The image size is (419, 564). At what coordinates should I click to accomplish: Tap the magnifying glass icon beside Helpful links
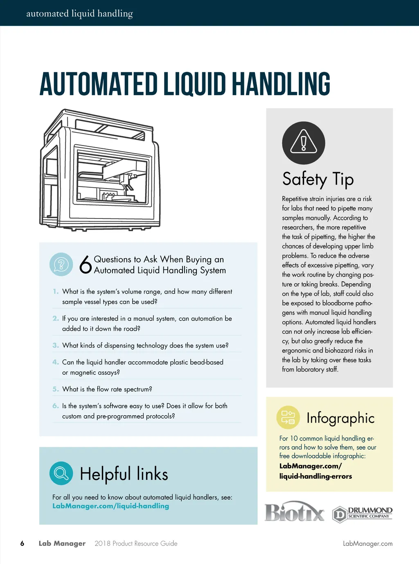point(61,473)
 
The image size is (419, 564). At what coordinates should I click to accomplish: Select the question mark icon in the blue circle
point(61,264)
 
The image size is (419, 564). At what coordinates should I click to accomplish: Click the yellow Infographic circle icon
point(288,417)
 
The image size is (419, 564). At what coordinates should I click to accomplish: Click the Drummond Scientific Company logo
point(362,514)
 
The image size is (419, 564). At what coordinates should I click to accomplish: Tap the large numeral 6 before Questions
point(86,264)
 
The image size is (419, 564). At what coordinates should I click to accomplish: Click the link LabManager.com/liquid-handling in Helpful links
point(110,506)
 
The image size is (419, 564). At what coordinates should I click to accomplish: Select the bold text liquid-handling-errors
point(315,476)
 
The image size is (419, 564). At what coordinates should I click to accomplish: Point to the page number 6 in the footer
point(22,544)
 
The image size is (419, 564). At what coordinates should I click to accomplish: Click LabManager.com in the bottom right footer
point(367,544)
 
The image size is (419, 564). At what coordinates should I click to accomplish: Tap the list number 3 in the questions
point(56,346)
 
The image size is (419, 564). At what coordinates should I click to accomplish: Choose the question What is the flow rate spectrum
point(107,389)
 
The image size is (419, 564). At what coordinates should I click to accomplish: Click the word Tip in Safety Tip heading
point(343,179)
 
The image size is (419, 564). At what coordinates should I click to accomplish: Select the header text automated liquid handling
point(79,14)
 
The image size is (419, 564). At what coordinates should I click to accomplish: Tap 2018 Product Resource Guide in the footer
point(136,544)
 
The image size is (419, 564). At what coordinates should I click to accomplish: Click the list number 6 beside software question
point(56,406)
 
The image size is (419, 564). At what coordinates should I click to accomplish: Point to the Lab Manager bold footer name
point(62,544)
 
